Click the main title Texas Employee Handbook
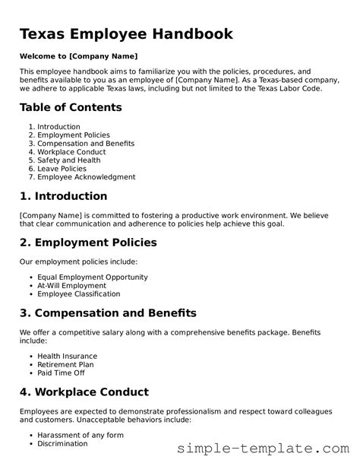tap(126, 34)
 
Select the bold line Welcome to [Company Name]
tap(78, 56)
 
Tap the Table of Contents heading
tap(71, 107)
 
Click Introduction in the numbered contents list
tap(58, 126)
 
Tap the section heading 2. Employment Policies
tap(88, 243)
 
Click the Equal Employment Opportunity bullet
tap(92, 277)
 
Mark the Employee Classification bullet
tap(78, 294)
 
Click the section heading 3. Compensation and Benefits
tap(108, 313)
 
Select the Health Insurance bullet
tap(67, 356)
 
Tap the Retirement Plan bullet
tap(65, 365)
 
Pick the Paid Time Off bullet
tap(61, 373)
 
